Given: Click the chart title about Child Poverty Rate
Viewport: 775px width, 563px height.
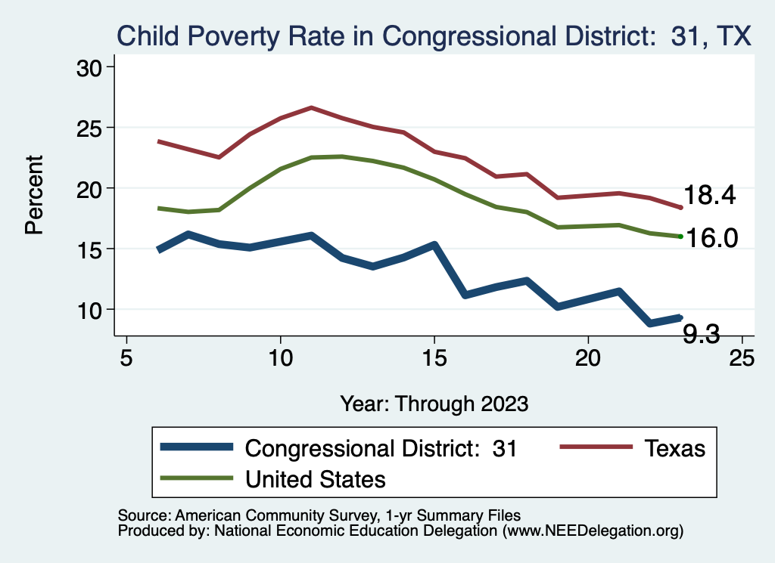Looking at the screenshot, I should pos(434,36).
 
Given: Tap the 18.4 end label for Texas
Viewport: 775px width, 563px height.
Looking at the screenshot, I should pos(710,196).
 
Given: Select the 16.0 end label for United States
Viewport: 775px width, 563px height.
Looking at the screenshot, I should pos(710,238).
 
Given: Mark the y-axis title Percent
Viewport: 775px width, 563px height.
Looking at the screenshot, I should pos(34,194).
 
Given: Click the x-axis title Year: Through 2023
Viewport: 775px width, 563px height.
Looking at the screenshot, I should pos(434,403).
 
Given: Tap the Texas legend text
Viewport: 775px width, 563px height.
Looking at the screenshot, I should pos(674,448).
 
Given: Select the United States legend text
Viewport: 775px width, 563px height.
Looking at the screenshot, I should pos(316,478).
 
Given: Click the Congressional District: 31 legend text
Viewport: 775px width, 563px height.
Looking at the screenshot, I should pos(381,448).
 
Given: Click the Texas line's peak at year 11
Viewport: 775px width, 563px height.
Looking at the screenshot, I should pos(311,108).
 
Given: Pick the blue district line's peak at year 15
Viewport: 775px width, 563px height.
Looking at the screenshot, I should pos(434,245).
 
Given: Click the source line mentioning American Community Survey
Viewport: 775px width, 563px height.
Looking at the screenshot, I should pos(319,515).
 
